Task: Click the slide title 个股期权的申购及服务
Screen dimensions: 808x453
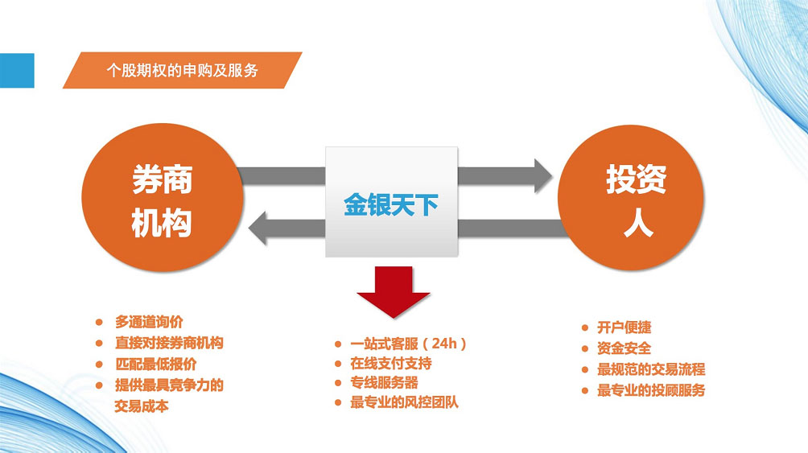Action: pyautogui.click(x=182, y=70)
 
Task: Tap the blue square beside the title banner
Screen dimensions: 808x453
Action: pyautogui.click(x=17, y=71)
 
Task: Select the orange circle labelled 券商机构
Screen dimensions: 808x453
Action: pyautogui.click(x=162, y=197)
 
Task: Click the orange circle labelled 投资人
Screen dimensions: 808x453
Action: pyautogui.click(x=631, y=197)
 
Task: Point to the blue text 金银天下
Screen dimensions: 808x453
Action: pyautogui.click(x=391, y=204)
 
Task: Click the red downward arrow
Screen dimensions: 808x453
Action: pyautogui.click(x=394, y=292)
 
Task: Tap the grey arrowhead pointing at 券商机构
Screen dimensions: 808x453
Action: pyautogui.click(x=258, y=228)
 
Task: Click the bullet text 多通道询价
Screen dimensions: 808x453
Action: pyautogui.click(x=149, y=322)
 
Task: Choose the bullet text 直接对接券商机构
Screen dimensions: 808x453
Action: pyautogui.click(x=169, y=343)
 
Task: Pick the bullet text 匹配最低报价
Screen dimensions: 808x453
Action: pyautogui.click(x=155, y=364)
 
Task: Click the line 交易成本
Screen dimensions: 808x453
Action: pyautogui.click(x=142, y=406)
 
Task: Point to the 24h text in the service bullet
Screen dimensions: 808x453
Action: pyautogui.click(x=445, y=344)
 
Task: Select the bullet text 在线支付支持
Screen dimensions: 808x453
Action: pyautogui.click(x=391, y=364)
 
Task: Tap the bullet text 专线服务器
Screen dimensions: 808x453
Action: pyautogui.click(x=385, y=383)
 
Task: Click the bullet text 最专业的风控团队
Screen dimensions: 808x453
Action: pyautogui.click(x=405, y=402)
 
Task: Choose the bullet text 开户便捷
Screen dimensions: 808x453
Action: pyautogui.click(x=624, y=327)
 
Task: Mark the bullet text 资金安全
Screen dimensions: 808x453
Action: pyautogui.click(x=624, y=348)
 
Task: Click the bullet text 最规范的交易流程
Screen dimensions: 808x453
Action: pyautogui.click(x=651, y=369)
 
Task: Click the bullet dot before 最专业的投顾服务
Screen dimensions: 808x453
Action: pyautogui.click(x=585, y=390)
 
